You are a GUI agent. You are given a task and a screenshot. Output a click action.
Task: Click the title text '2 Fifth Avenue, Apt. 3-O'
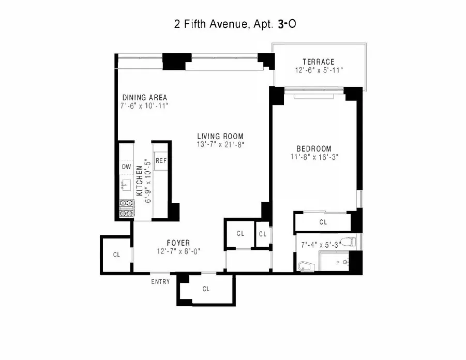point(233,24)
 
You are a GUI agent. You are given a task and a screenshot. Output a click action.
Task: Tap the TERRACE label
point(319,62)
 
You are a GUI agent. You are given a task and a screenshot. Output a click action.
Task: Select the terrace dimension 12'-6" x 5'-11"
point(319,70)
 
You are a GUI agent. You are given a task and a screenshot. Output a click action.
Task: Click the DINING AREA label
point(144,97)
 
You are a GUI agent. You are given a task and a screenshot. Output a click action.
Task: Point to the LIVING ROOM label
point(220,137)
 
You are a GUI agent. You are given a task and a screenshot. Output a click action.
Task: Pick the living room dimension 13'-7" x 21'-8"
point(220,145)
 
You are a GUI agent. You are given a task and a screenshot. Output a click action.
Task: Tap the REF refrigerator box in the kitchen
point(161,160)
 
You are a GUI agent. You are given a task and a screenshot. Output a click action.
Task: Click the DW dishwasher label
point(126,167)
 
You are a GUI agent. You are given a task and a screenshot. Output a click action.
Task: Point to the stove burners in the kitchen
point(126,208)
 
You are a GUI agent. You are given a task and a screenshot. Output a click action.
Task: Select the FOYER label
point(178,243)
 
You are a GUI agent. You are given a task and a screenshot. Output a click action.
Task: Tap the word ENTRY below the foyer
point(160,282)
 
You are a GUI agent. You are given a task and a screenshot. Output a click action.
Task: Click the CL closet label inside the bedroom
point(323,222)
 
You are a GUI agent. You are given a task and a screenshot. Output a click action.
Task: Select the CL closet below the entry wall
point(206,289)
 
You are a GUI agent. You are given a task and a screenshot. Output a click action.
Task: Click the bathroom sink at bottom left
point(305,266)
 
